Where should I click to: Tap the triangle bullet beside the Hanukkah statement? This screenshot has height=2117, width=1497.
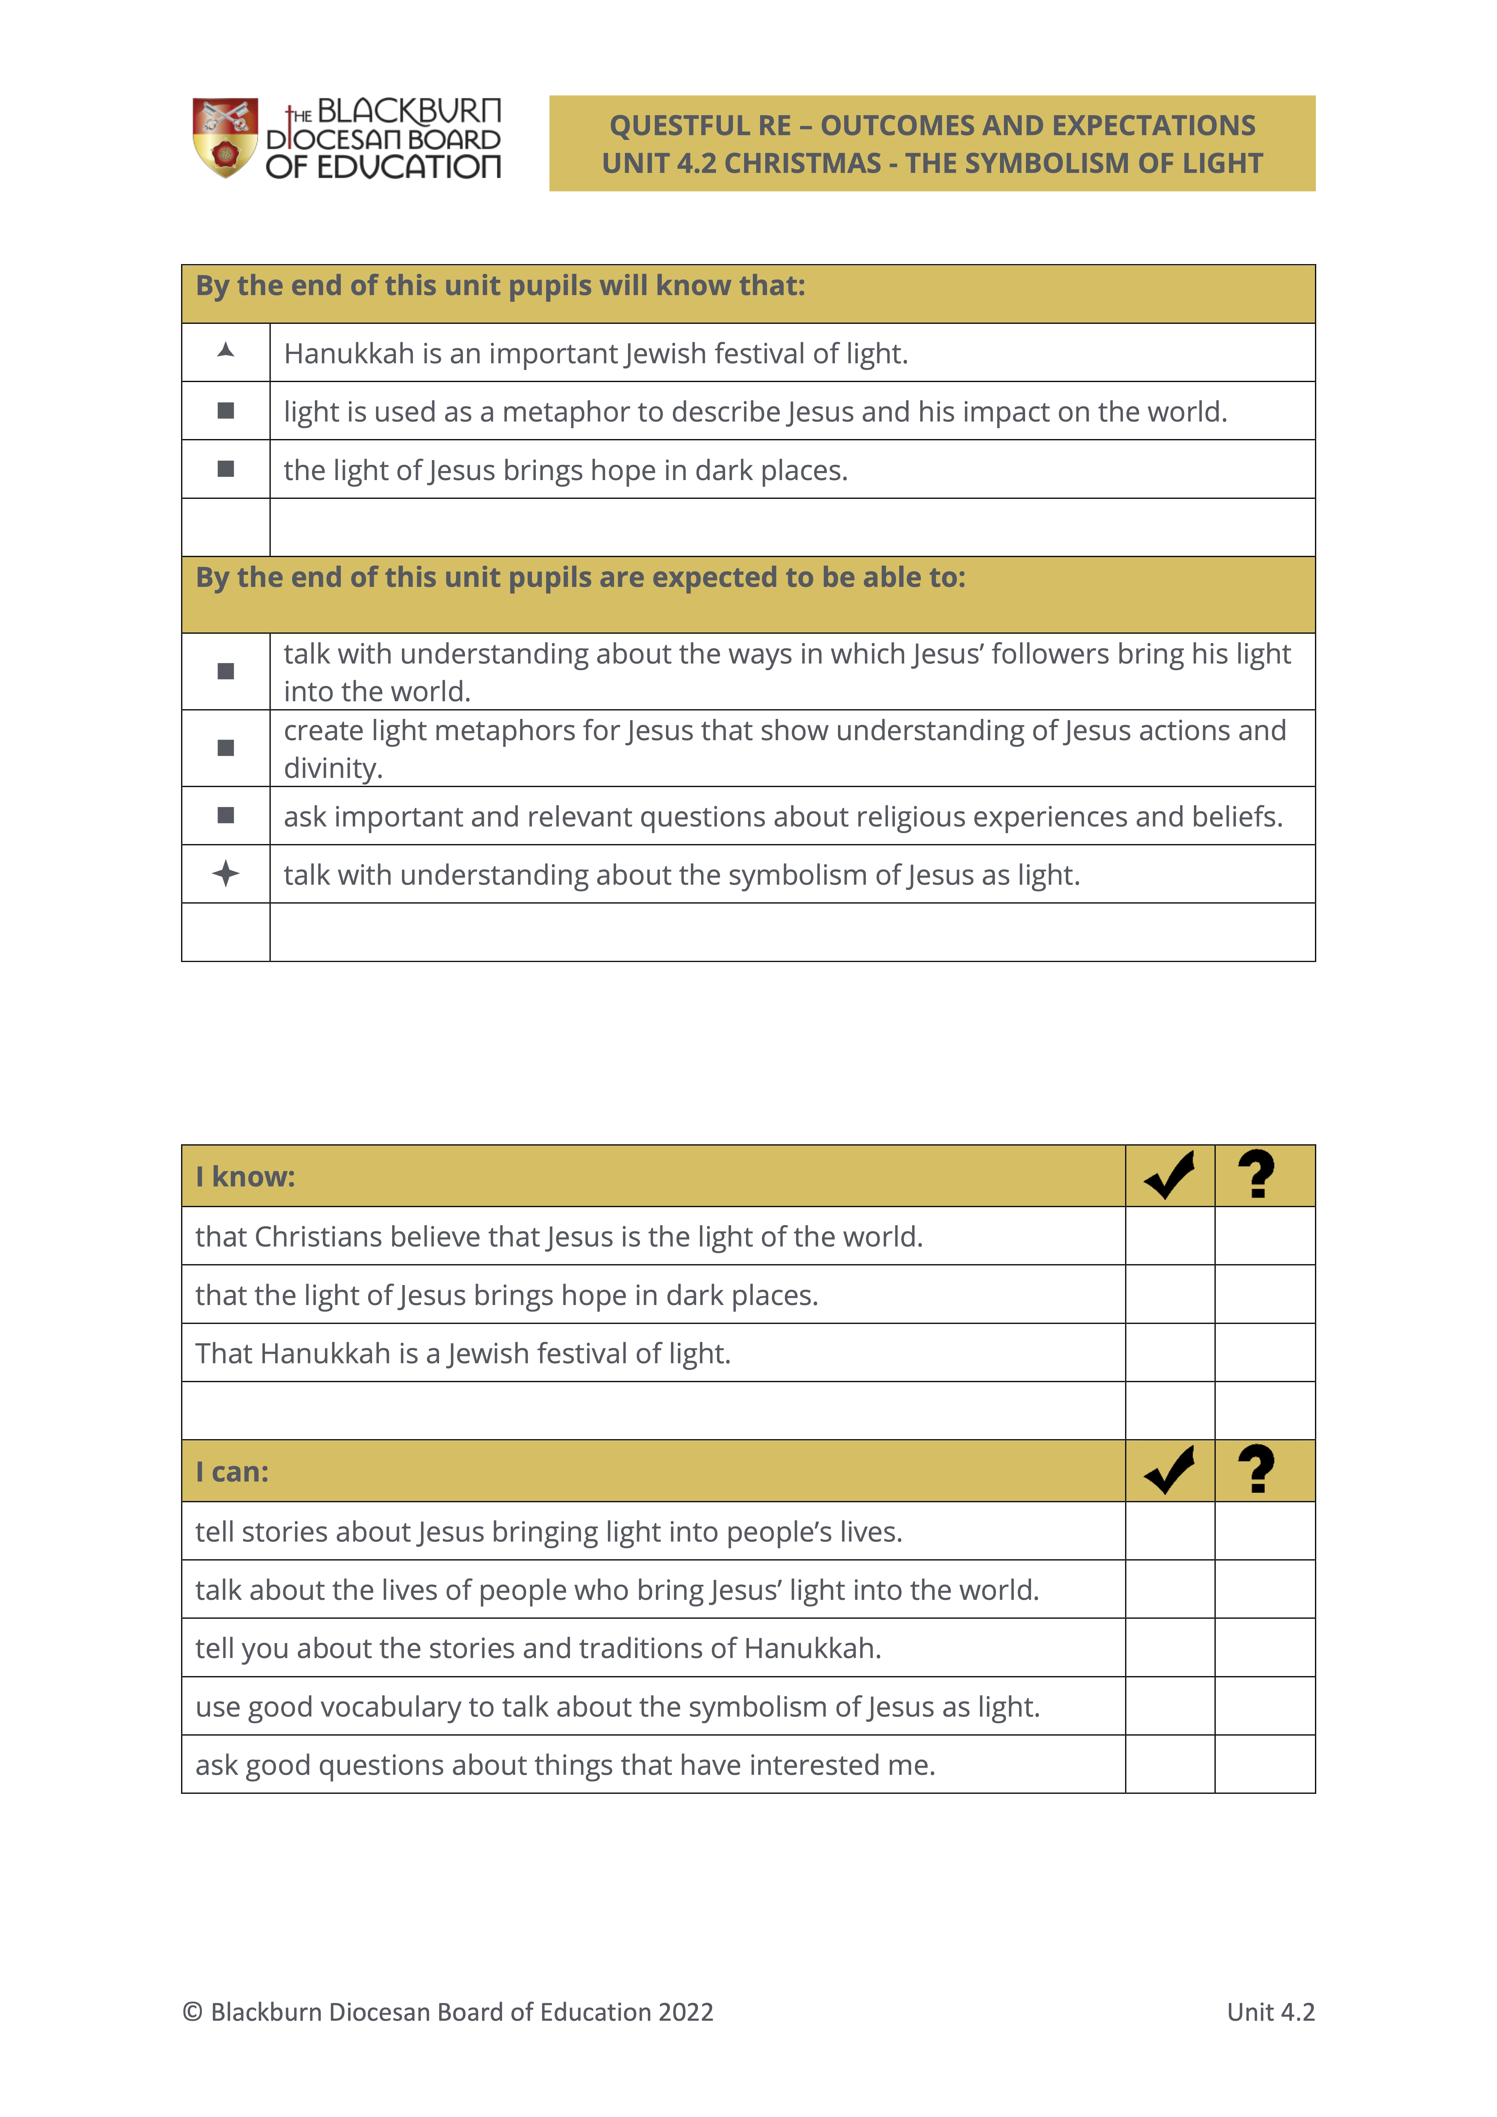pyautogui.click(x=225, y=350)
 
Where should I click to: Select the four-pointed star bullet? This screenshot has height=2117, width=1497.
pyautogui.click(x=225, y=873)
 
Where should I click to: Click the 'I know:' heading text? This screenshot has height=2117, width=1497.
pyautogui.click(x=245, y=1176)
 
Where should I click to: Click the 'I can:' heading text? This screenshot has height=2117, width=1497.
pyautogui.click(x=232, y=1472)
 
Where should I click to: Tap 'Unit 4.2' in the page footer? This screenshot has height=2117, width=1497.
pyautogui.click(x=1270, y=2012)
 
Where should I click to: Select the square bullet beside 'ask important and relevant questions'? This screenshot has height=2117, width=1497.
pyautogui.click(x=225, y=815)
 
